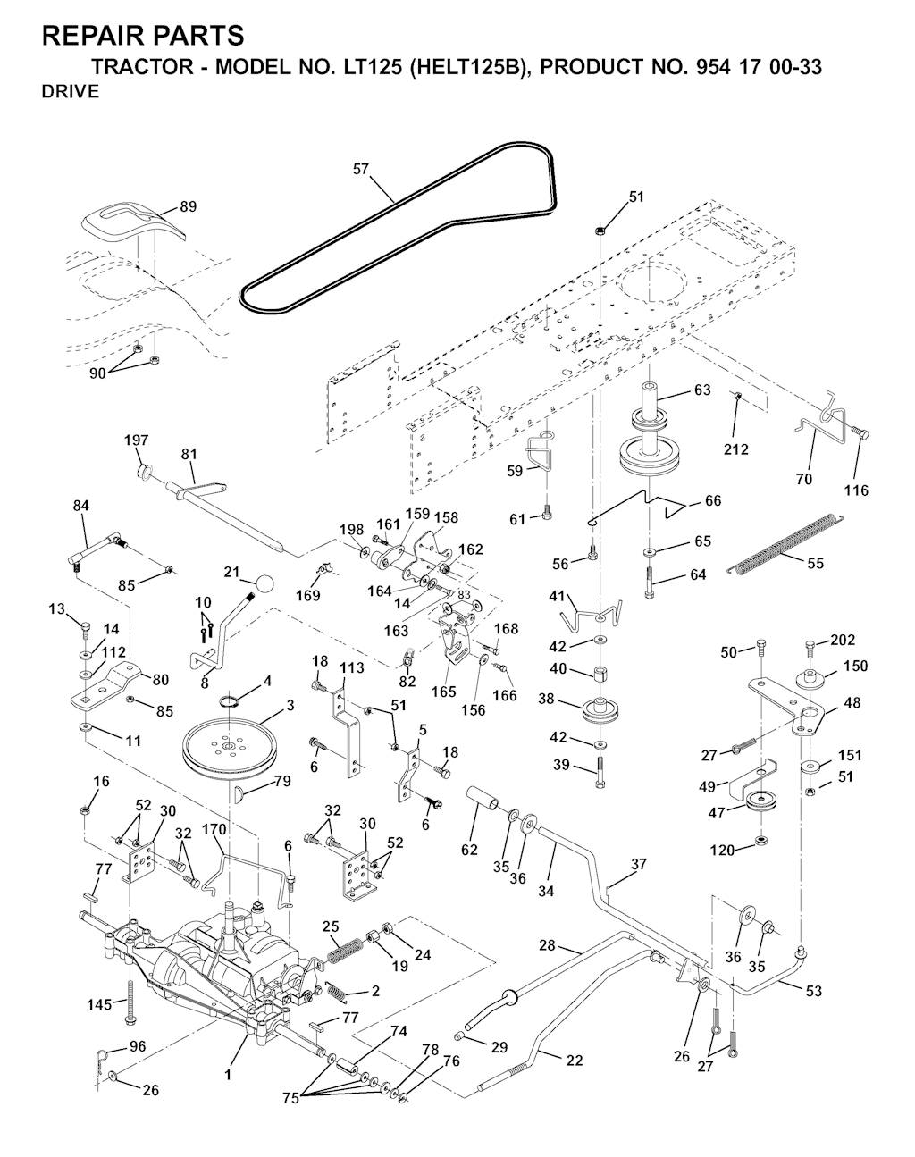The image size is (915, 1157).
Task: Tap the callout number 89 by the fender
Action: [x=188, y=207]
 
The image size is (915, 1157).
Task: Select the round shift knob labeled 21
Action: [x=264, y=583]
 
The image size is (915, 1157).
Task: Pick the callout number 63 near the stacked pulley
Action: [x=702, y=390]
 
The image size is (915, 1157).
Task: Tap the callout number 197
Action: [x=137, y=440]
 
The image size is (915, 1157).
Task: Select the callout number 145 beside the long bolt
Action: [x=101, y=1004]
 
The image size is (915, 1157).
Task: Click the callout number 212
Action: [x=736, y=449]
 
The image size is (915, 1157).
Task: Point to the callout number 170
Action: [x=214, y=829]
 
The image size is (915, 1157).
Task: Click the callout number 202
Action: [x=843, y=640]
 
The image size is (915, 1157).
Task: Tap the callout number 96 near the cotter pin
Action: [x=138, y=1045]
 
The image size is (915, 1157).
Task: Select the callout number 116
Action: [x=856, y=490]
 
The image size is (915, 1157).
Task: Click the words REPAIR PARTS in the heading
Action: [x=143, y=36]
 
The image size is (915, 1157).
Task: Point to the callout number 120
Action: [x=723, y=850]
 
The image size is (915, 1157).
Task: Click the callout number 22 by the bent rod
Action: [x=574, y=1060]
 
